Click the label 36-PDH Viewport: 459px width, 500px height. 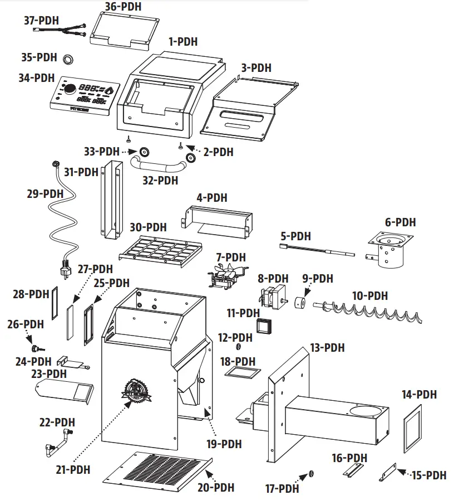[123, 7]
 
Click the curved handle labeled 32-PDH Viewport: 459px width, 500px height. [157, 166]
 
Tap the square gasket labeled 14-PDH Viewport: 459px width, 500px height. [412, 426]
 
